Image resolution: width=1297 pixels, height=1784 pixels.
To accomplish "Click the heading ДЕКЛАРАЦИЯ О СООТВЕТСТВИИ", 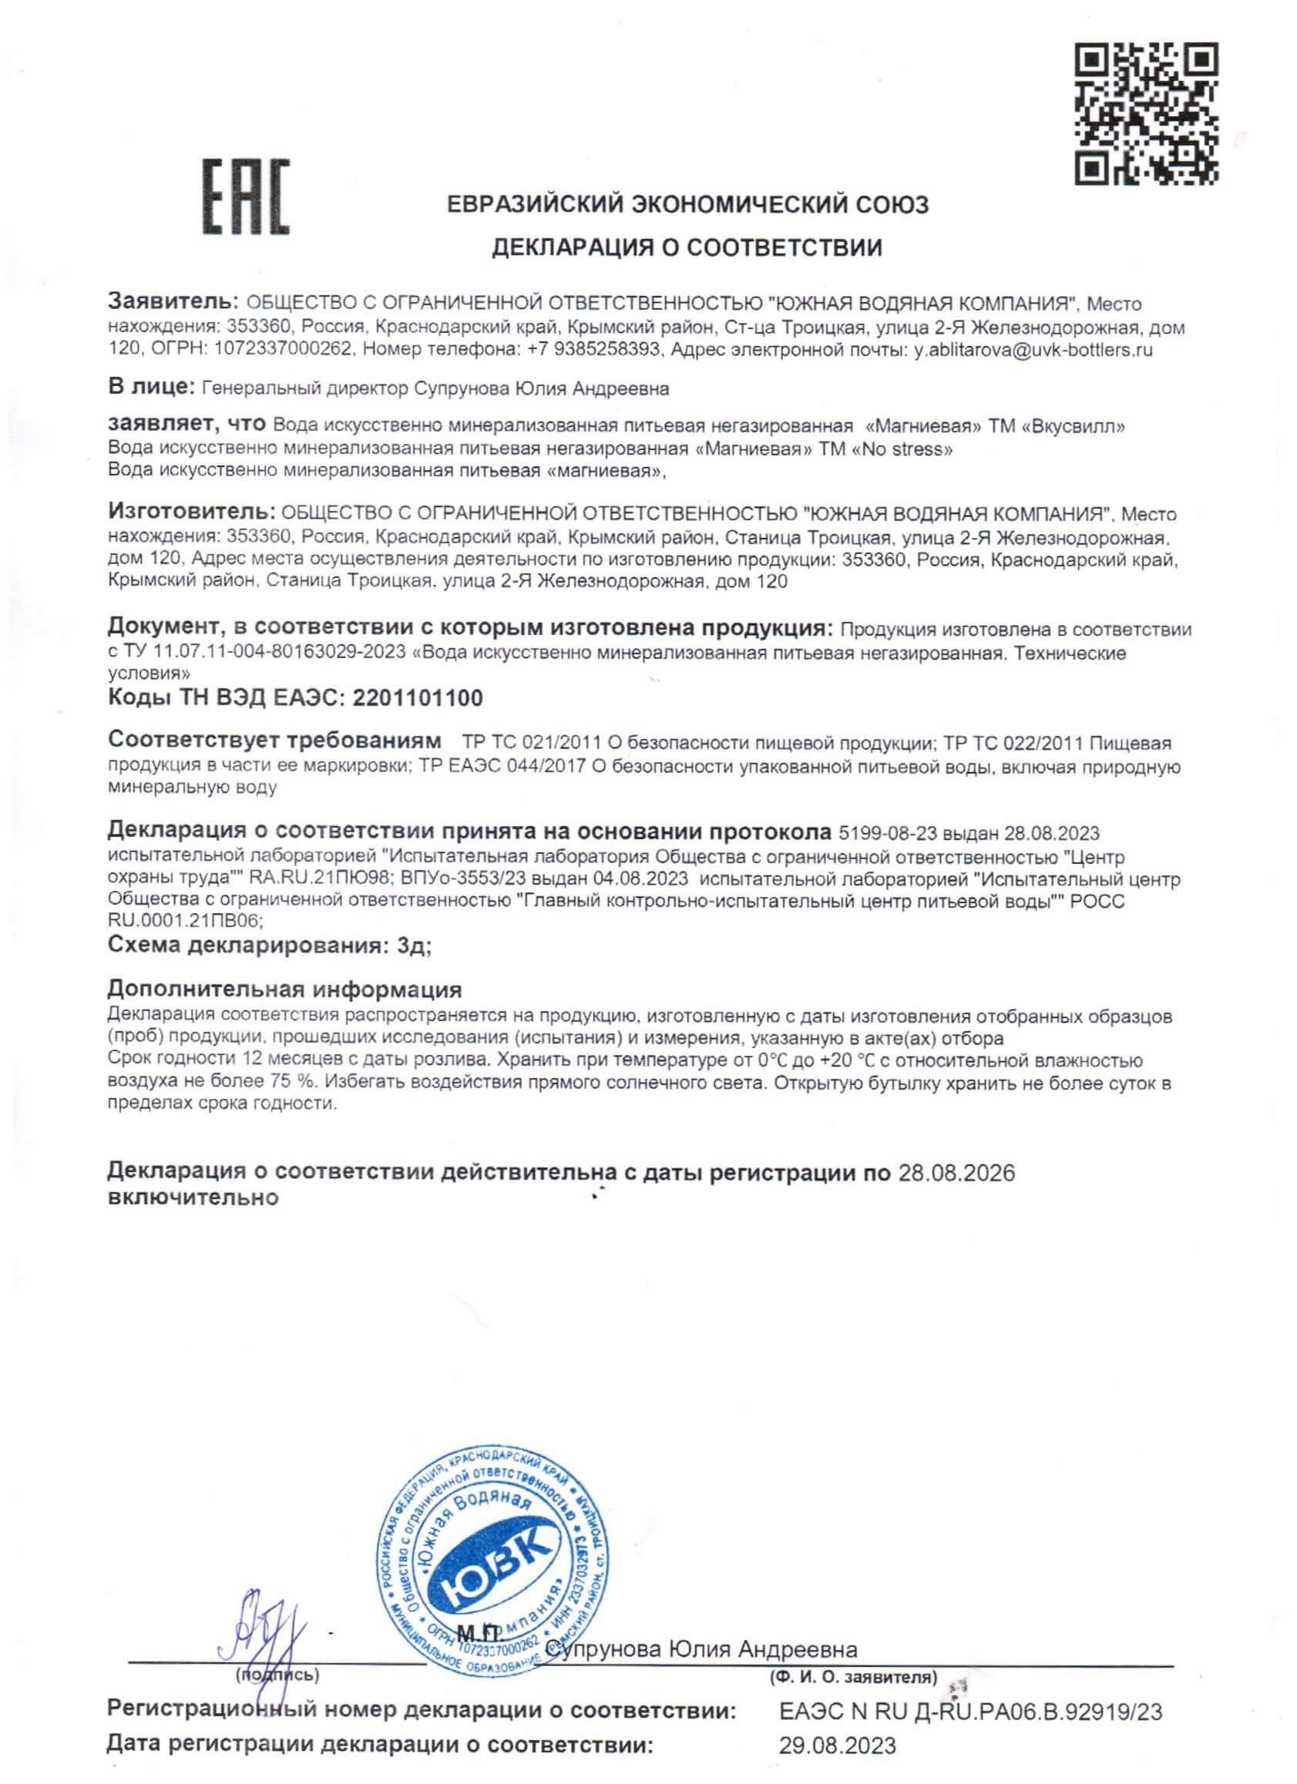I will pyautogui.click(x=687, y=249).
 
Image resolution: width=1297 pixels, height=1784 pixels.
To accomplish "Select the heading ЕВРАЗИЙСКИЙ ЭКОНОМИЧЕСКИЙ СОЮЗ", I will pyautogui.click(x=687, y=204).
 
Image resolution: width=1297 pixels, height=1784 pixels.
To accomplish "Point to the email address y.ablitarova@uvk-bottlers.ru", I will pyautogui.click(x=1033, y=350).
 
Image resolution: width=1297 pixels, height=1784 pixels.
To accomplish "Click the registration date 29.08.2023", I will pyautogui.click(x=837, y=1768).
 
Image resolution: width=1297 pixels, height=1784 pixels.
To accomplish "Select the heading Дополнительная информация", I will pyautogui.click(x=284, y=989).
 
